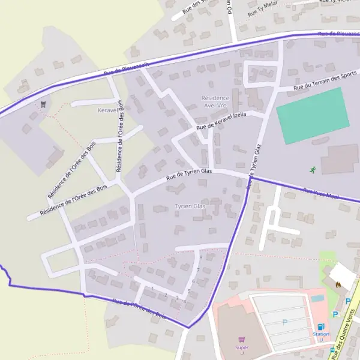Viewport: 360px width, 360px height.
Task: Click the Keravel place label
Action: click(109, 110)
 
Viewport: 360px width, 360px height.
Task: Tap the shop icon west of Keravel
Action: click(43, 104)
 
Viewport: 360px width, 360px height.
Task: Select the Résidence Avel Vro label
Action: click(215, 101)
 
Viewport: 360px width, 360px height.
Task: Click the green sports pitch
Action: click(312, 115)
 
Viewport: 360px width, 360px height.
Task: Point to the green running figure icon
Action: click(312, 170)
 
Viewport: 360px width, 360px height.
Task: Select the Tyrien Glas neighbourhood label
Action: click(190, 206)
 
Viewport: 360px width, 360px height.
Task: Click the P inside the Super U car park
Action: click(285, 322)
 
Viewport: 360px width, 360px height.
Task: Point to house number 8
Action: click(200, 257)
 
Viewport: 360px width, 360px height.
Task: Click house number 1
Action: click(153, 289)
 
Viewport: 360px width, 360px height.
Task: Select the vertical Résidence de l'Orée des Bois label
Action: click(121, 136)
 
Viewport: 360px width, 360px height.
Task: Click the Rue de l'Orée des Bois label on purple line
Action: click(139, 308)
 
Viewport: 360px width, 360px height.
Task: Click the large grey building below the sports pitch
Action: click(340, 159)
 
